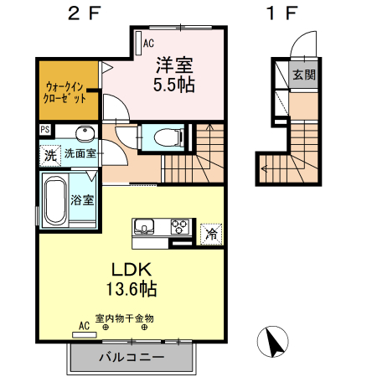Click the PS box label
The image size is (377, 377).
coord(44,131)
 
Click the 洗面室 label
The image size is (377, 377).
coord(81,154)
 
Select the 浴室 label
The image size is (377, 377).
coord(81,200)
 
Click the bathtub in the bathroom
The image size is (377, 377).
coord(55,201)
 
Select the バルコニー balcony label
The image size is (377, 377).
coord(132,357)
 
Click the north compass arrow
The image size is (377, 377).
coord(273,342)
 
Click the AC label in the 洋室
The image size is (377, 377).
coord(148,42)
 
